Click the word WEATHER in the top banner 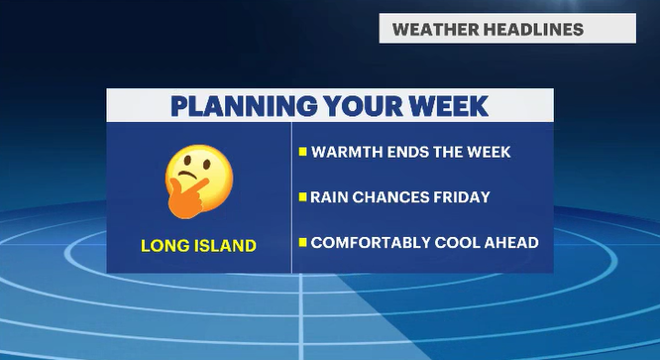coord(436,30)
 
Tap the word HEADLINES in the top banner coord(533,30)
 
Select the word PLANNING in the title coord(244,106)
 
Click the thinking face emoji coord(198,181)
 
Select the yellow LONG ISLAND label coord(198,246)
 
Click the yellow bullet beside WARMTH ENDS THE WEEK coord(302,152)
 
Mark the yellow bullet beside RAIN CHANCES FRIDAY coord(302,196)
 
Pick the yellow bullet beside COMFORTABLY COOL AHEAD coord(302,242)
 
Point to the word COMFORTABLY coord(371,243)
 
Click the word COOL coord(457,243)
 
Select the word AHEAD coord(511,243)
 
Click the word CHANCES coord(390,197)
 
